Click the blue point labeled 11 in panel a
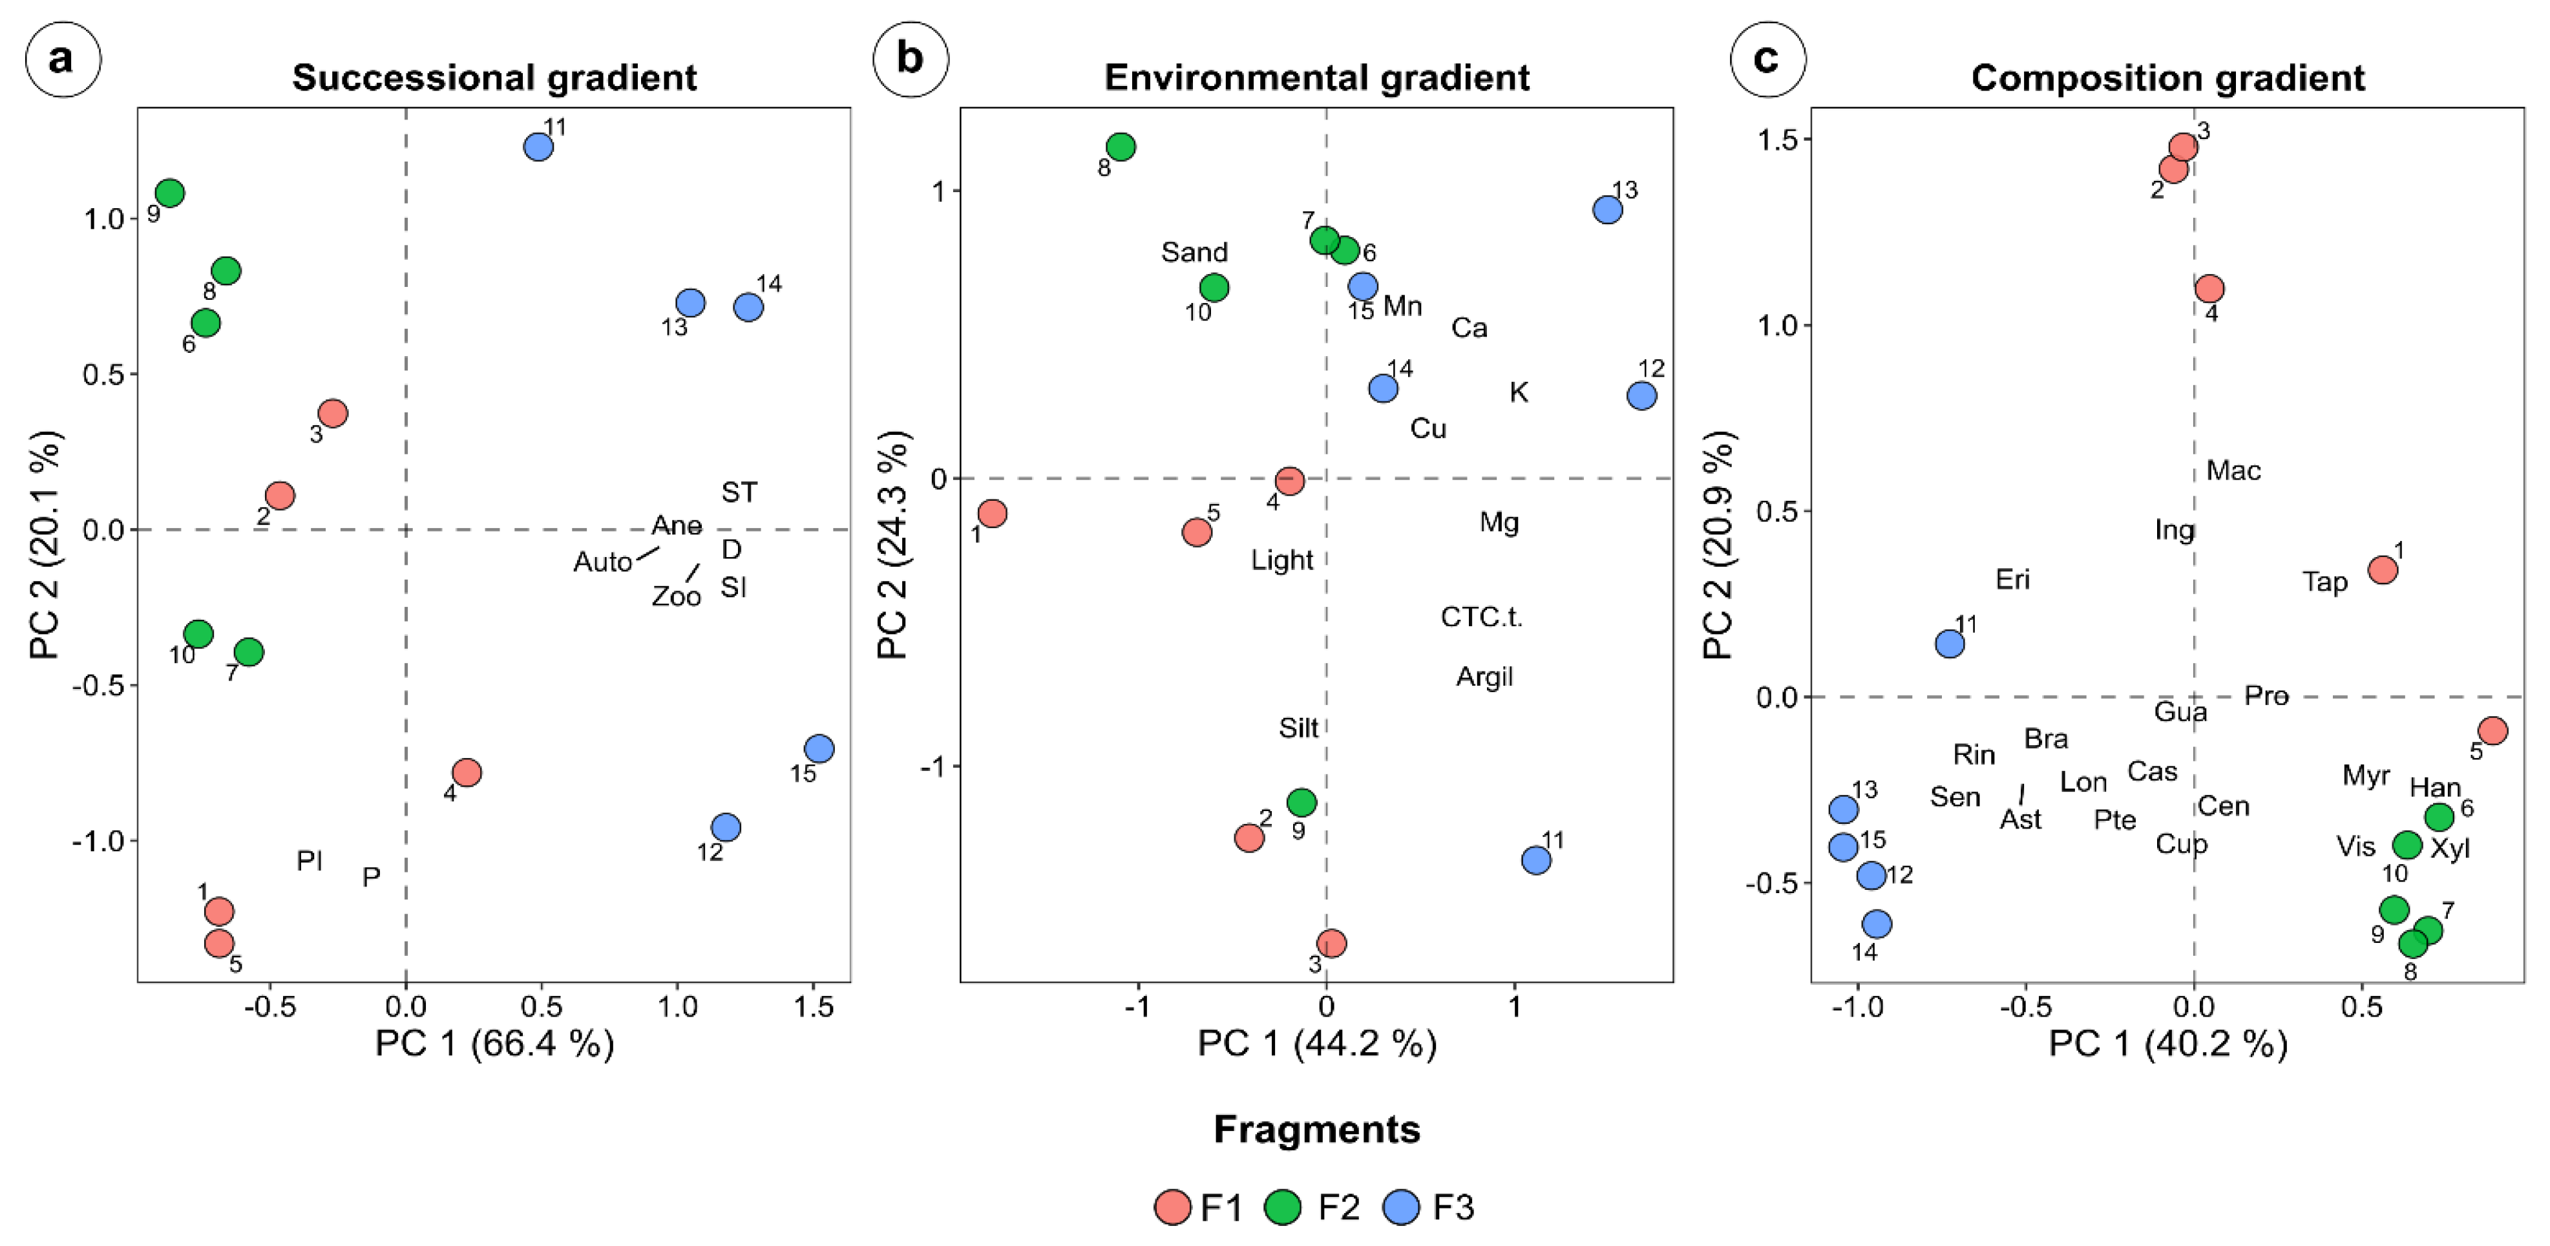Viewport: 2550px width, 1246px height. point(538,147)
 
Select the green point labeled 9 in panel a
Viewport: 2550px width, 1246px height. point(169,193)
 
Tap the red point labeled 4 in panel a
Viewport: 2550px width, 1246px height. point(466,772)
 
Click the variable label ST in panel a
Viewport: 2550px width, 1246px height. point(739,492)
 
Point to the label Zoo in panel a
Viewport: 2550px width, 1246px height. point(676,596)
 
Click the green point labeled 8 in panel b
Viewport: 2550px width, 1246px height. point(1121,147)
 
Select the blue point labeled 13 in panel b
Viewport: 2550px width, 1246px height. point(1608,210)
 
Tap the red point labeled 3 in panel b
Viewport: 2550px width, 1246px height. point(1331,943)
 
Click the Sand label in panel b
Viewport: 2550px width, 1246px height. point(1194,253)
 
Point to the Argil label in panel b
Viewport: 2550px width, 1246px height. point(1484,677)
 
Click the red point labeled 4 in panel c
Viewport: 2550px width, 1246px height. point(2209,289)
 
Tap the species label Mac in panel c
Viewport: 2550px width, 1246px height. point(2233,470)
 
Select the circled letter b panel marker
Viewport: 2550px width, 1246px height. point(910,59)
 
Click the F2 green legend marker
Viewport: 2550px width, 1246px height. point(1283,1207)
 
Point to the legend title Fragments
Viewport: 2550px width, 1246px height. point(1316,1129)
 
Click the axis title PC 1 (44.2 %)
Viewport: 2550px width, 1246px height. point(1316,1043)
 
